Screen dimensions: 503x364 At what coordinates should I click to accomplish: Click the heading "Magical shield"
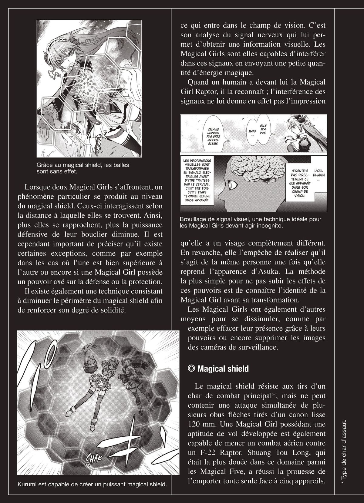[223, 369]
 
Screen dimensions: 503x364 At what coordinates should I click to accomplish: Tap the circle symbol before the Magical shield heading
[191, 369]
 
